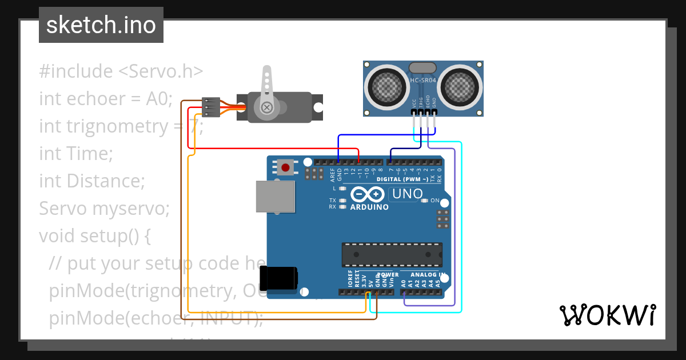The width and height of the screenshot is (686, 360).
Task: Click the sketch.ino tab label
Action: pyautogui.click(x=101, y=25)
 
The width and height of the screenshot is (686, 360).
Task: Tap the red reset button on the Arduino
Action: pyautogui.click(x=285, y=167)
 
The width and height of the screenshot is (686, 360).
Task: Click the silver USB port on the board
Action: pyautogui.click(x=275, y=198)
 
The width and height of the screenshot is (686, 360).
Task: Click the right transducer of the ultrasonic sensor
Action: pyautogui.click(x=461, y=87)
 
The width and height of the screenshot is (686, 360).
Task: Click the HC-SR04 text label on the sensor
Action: pyautogui.click(x=423, y=81)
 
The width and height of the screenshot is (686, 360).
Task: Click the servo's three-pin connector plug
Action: pyautogui.click(x=211, y=107)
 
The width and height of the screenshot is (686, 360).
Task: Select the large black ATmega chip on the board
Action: pyautogui.click(x=392, y=255)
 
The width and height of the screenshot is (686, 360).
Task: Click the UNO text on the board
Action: pyautogui.click(x=406, y=195)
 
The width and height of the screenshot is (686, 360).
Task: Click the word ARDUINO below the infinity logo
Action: pyautogui.click(x=369, y=207)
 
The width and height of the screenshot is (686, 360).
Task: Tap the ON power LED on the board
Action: pyautogui.click(x=425, y=201)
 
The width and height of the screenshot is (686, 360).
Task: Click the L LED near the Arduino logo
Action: pyautogui.click(x=342, y=189)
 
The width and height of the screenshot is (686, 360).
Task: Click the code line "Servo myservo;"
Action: pyautogui.click(x=104, y=209)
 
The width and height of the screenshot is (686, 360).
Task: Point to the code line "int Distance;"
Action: pyautogui.click(x=91, y=181)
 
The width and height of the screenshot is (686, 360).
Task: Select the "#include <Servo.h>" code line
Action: pyautogui.click(x=121, y=71)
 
